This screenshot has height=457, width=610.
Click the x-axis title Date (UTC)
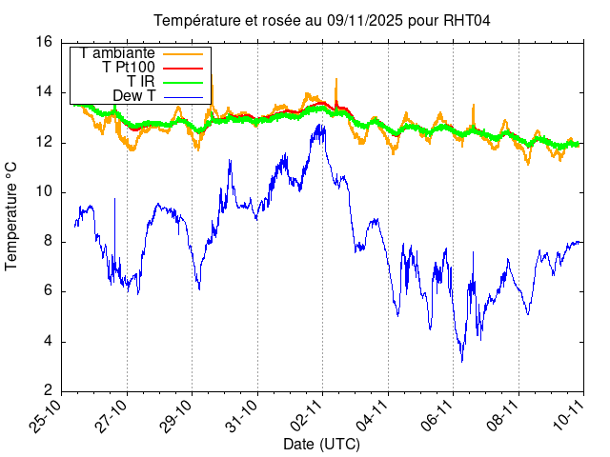coord(322,444)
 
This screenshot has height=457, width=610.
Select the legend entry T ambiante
coord(118,53)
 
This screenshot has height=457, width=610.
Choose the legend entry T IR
coord(141,82)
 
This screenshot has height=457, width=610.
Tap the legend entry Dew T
coord(133,96)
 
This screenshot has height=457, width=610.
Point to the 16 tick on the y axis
coord(44,42)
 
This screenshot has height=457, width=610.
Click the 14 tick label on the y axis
coord(44,92)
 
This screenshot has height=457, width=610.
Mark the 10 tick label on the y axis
coord(44,192)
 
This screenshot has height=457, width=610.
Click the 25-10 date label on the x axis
coord(47,417)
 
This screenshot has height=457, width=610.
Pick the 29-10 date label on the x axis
coord(177,417)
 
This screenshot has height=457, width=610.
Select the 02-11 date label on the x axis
coord(308,417)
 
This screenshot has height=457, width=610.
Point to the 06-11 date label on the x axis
coord(438,417)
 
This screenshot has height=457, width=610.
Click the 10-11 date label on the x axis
coord(569,417)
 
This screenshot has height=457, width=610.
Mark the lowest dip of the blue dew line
coord(462,361)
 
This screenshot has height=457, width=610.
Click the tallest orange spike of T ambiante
coord(336,79)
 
